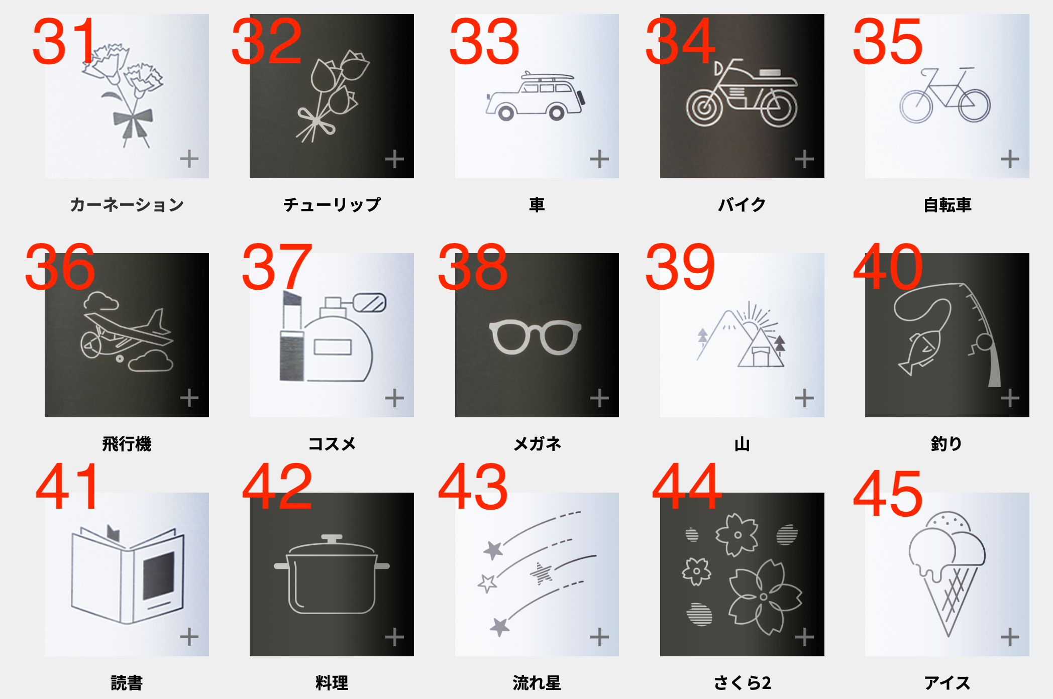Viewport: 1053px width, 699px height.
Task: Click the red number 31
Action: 64,41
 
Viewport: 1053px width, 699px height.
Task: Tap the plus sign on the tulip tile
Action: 394,159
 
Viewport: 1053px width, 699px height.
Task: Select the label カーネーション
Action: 127,205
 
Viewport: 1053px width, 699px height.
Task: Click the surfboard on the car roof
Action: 547,77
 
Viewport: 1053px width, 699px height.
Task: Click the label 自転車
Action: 947,205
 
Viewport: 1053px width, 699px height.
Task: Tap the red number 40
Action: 888,267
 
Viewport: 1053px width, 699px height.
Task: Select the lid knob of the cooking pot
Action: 332,539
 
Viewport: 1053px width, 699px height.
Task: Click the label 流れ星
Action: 537,683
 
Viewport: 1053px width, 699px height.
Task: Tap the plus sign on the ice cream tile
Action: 1010,637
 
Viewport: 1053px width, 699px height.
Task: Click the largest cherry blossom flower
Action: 764,597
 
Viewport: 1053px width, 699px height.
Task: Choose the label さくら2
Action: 742,683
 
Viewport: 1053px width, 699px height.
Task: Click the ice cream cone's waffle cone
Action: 949,598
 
